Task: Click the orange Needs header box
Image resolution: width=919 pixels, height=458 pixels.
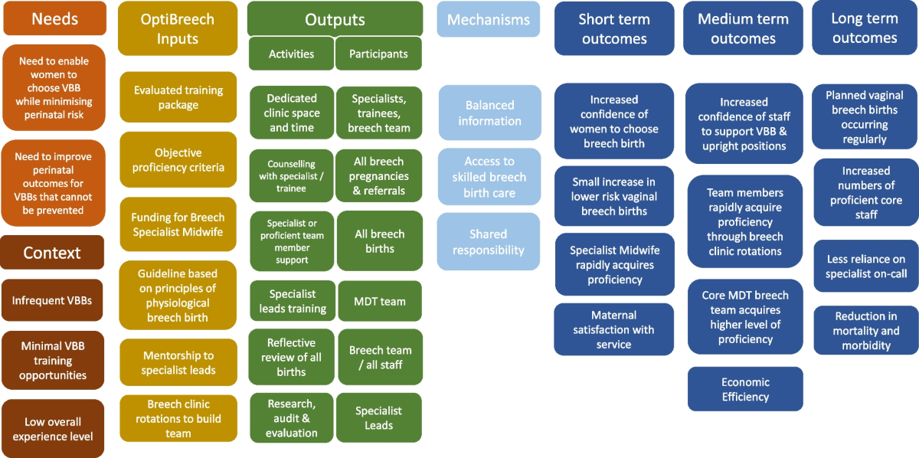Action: pos(54,19)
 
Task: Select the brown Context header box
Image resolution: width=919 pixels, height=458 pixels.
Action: pos(52,253)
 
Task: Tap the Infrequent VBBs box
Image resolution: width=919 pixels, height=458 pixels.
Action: pos(52,300)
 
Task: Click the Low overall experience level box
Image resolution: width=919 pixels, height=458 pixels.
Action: pos(52,429)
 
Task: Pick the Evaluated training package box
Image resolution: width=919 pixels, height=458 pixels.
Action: pos(178,97)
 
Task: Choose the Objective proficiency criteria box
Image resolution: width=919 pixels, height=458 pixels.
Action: pos(178,160)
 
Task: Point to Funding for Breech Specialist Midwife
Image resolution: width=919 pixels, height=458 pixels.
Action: pos(178,224)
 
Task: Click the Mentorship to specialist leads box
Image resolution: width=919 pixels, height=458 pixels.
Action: pos(178,363)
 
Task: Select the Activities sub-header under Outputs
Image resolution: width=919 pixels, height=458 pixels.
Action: pos(291,54)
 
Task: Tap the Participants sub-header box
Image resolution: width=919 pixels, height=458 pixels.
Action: pos(378,54)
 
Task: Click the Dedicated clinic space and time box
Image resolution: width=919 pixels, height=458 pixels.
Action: pos(292,113)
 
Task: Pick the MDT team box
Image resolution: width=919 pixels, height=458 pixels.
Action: pos(380,302)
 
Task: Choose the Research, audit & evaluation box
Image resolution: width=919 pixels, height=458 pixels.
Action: pos(292,418)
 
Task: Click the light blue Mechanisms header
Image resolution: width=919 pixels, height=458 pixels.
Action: pos(489,20)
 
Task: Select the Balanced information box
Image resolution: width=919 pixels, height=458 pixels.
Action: pos(489,113)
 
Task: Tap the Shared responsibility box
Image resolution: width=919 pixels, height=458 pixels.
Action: pos(489,242)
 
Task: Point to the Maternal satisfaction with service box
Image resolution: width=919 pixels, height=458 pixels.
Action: pos(614,329)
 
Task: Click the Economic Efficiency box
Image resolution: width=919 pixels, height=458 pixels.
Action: pos(745,389)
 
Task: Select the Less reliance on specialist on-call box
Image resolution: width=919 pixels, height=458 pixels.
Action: pos(865,267)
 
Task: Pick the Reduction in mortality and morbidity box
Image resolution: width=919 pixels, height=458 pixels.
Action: pos(865,331)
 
